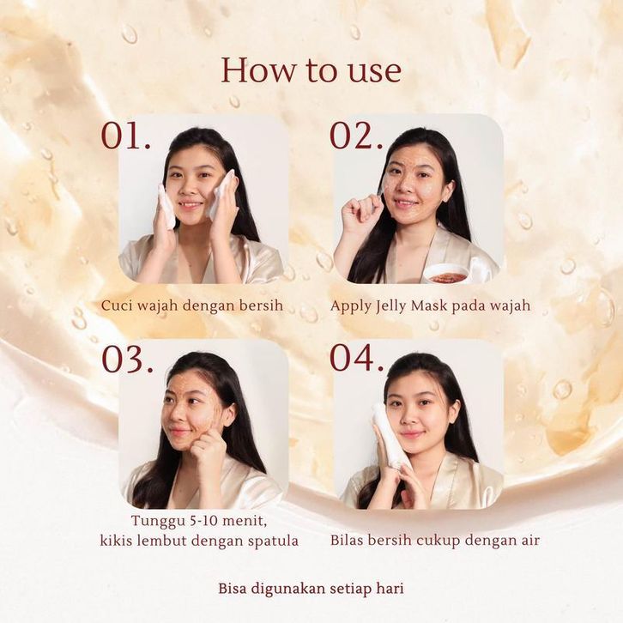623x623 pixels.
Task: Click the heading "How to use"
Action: tap(311, 70)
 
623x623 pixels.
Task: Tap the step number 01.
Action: tap(126, 136)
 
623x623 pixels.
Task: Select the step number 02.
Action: tap(356, 136)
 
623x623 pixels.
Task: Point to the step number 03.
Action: tap(127, 359)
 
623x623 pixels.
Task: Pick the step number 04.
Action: tap(357, 358)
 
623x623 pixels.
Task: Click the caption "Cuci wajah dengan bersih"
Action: tap(192, 306)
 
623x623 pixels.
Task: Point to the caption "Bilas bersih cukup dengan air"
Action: tap(435, 541)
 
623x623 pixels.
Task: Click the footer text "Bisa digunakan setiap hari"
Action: tap(311, 589)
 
